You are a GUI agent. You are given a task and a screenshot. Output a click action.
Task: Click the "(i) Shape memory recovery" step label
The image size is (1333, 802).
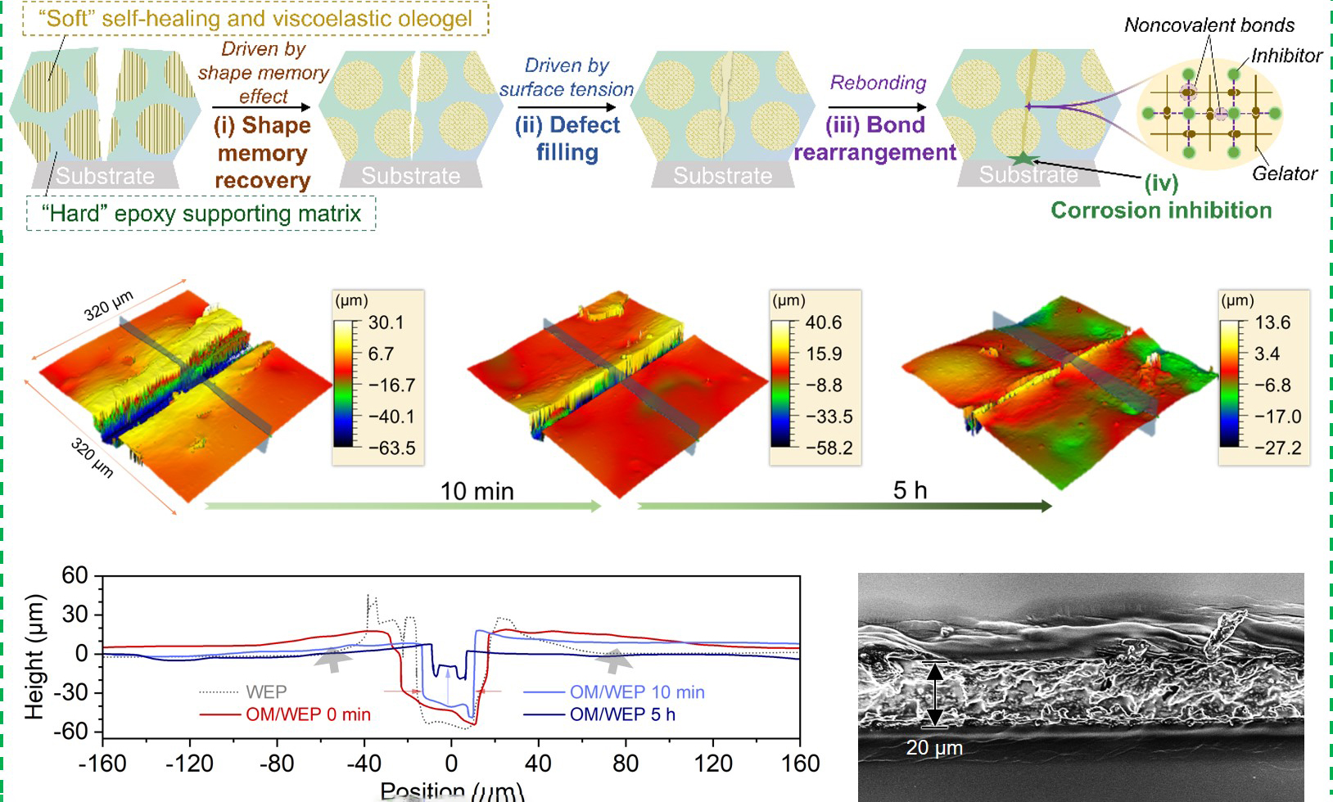[x=262, y=153]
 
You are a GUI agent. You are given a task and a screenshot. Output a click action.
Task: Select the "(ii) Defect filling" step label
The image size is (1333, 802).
[x=567, y=138]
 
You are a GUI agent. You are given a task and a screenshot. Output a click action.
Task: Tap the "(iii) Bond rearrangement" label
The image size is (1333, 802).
[x=875, y=138]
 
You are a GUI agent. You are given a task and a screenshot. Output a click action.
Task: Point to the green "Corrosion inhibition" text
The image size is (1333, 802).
[x=1161, y=210]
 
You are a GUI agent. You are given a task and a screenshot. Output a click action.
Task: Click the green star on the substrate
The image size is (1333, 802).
[x=1023, y=160]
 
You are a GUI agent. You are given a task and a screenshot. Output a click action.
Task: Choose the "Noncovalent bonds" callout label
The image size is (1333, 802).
[x=1209, y=25]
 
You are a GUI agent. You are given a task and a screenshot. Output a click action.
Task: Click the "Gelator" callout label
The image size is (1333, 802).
[x=1284, y=173]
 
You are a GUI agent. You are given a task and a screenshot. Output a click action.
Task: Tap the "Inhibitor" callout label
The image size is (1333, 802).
[x=1286, y=56]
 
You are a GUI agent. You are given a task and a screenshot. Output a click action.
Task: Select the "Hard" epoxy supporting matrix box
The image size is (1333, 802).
[x=201, y=214]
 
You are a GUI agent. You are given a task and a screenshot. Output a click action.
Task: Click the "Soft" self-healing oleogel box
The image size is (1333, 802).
[x=255, y=19]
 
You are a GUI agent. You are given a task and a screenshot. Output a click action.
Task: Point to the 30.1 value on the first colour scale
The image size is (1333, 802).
[x=386, y=322]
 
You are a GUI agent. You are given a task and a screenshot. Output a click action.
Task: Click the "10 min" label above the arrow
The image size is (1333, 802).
[x=477, y=491]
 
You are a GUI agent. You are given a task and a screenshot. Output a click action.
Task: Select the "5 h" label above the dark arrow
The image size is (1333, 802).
[x=910, y=490]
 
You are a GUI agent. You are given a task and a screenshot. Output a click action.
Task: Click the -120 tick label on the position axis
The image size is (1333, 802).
[x=190, y=764]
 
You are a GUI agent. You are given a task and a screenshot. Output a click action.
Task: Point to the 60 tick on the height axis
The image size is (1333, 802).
[x=75, y=575]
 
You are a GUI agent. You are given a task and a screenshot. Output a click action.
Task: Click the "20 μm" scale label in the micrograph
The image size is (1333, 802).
[x=934, y=747]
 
